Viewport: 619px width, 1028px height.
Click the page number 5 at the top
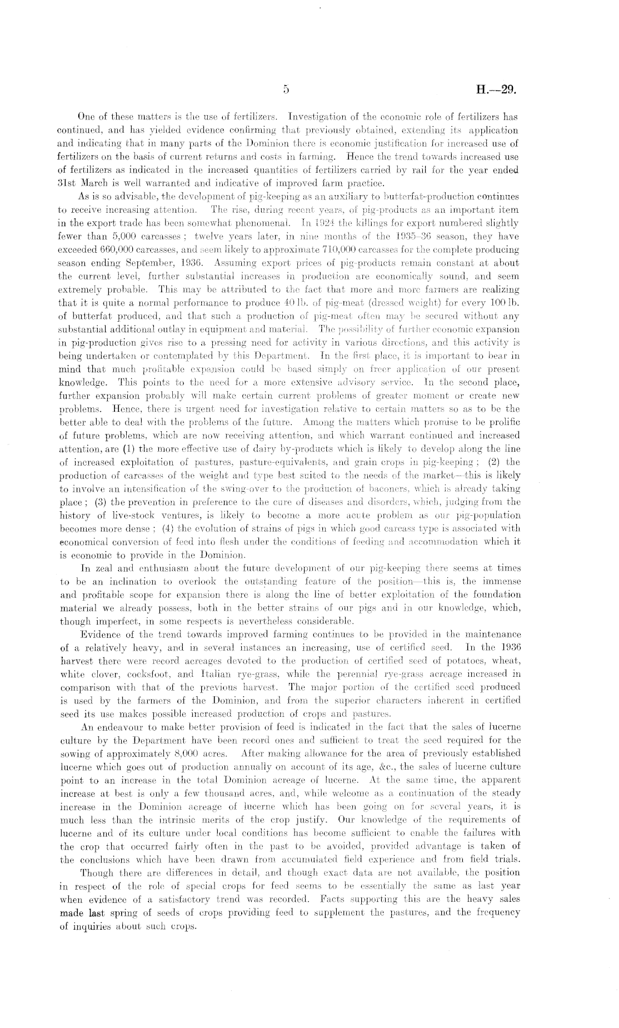tap(286, 89)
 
